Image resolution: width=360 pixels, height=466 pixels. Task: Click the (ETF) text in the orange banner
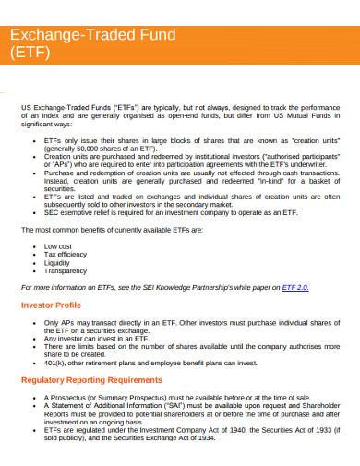pyautogui.click(x=30, y=53)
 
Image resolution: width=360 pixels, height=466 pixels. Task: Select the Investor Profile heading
pyautogui.click(x=54, y=304)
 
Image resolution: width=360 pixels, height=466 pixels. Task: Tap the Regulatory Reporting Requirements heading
pyautogui.click(x=94, y=378)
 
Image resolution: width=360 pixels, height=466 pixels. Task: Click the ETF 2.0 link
pyautogui.click(x=294, y=287)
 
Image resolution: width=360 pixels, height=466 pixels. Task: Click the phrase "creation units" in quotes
pyautogui.click(x=317, y=139)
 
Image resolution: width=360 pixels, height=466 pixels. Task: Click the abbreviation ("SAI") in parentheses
pyautogui.click(x=172, y=403)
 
